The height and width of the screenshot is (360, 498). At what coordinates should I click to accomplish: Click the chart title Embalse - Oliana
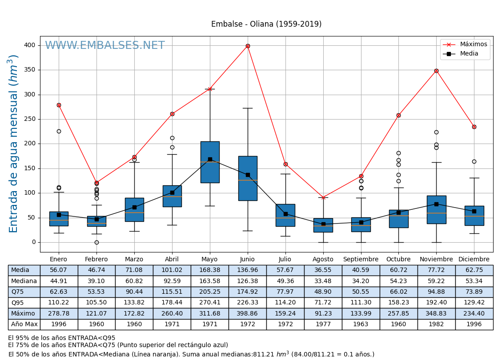point(266,24)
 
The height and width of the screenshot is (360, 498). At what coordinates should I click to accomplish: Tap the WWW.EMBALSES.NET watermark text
point(105,46)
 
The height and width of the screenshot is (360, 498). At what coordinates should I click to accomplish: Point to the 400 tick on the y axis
point(29,45)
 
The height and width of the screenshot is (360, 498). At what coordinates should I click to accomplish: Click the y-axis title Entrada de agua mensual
point(13,144)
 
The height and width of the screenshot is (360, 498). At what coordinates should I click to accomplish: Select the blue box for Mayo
point(210,162)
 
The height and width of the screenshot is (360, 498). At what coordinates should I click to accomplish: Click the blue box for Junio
point(248,178)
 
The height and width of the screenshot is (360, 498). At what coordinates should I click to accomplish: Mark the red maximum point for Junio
point(248,46)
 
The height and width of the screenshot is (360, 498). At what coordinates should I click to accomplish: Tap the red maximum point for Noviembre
point(436,71)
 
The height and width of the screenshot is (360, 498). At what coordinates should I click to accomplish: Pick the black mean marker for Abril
point(172,192)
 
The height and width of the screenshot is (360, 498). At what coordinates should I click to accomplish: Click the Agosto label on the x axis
point(323,260)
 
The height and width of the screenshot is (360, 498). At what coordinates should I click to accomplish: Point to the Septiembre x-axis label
point(361,260)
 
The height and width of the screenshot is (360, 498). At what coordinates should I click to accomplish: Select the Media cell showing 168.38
point(210,270)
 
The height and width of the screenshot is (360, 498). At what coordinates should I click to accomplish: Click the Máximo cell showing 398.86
point(248,313)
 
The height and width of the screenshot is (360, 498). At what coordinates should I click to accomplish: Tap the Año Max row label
point(24,324)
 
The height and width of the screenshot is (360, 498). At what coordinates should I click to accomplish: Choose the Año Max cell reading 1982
point(436,324)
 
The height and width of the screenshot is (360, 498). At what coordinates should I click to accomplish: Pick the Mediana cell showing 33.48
point(323,281)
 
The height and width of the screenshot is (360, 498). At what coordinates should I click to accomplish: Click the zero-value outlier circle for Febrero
point(96,242)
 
